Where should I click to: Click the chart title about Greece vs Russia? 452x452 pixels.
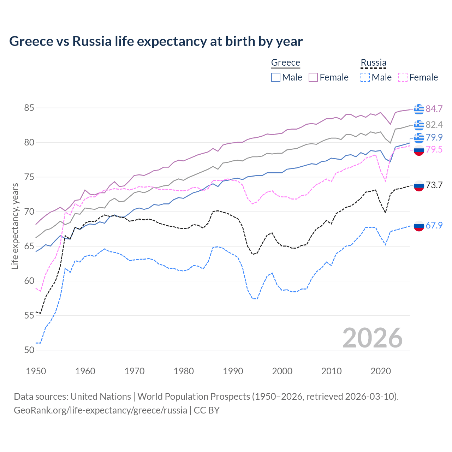(x=156, y=41)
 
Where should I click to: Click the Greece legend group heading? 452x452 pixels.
(x=285, y=63)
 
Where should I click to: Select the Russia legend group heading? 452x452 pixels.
(x=373, y=63)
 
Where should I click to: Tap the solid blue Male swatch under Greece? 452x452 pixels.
(x=276, y=77)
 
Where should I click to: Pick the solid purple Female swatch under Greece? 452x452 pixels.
(x=313, y=77)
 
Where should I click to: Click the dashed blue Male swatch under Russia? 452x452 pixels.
(x=365, y=77)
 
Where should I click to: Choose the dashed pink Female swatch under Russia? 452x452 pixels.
(x=403, y=77)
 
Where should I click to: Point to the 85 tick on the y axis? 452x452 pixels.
(x=29, y=108)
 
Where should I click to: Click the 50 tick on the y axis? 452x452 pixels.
(x=29, y=350)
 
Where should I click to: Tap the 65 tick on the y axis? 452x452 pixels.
(x=29, y=246)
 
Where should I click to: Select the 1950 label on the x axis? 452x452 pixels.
(x=36, y=371)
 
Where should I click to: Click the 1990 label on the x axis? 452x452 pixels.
(x=233, y=371)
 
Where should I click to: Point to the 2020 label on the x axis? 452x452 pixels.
(x=381, y=371)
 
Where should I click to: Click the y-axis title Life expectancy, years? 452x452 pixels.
(x=15, y=226)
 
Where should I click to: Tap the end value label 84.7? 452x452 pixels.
(x=434, y=109)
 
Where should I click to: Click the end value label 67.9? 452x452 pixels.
(x=434, y=225)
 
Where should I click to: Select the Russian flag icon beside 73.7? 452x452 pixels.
(x=419, y=185)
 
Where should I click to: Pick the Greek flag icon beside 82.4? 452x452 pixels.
(x=419, y=125)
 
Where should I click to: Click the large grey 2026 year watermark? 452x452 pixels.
(x=373, y=338)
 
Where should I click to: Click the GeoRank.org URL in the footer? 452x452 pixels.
(x=100, y=410)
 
